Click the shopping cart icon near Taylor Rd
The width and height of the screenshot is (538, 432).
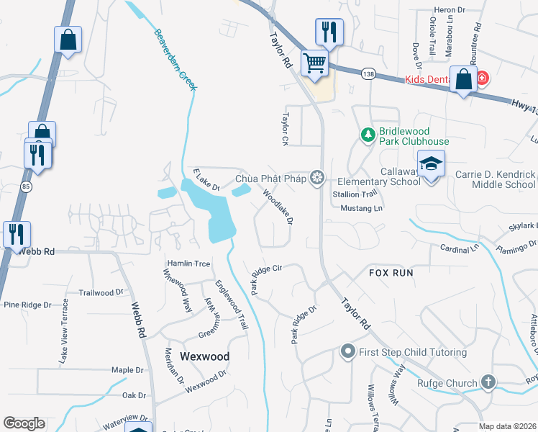(x=314, y=63)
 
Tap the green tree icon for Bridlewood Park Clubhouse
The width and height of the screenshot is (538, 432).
(x=368, y=135)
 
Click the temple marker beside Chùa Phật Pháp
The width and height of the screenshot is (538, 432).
(x=317, y=178)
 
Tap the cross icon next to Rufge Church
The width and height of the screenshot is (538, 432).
(x=488, y=382)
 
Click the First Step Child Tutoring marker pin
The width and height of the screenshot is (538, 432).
(x=347, y=352)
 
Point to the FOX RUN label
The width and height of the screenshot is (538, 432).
(x=391, y=274)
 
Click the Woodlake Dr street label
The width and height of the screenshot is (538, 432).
(x=278, y=207)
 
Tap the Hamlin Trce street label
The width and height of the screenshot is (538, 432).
(x=188, y=264)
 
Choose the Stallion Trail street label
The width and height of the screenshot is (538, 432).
(x=355, y=194)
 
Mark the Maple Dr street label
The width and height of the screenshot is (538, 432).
(x=128, y=370)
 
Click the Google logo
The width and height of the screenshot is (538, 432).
(x=24, y=423)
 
